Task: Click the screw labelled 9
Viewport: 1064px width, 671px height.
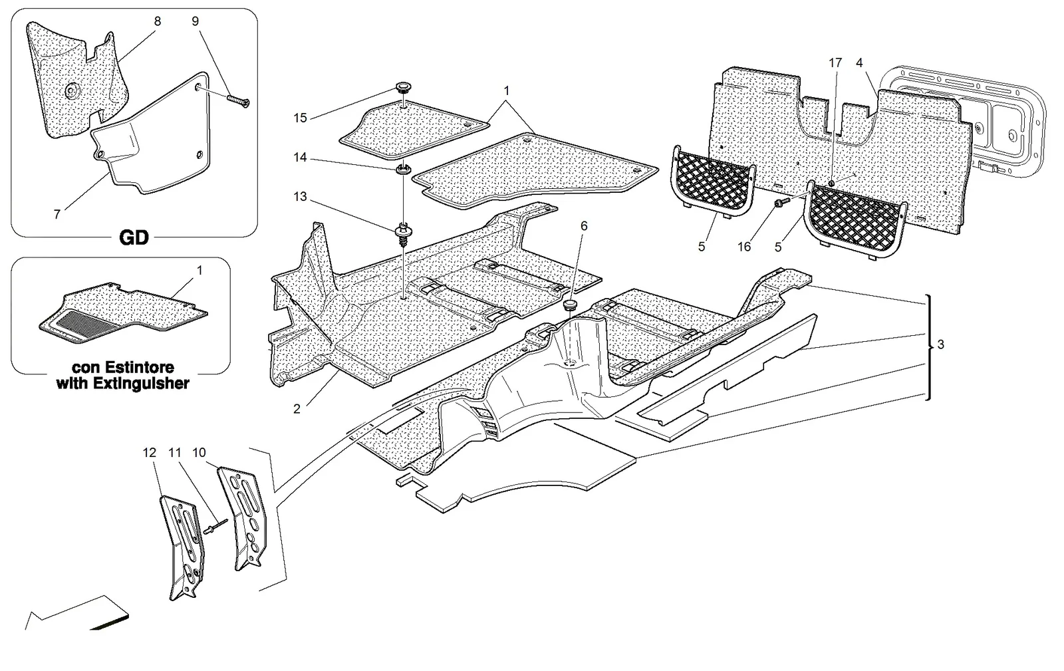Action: click(239, 101)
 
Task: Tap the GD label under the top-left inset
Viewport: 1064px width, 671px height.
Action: click(134, 237)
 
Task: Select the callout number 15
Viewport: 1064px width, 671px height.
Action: click(300, 118)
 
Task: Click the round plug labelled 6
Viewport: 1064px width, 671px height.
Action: click(569, 305)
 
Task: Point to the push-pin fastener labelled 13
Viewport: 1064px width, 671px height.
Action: click(403, 234)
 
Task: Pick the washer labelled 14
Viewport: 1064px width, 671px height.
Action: click(403, 169)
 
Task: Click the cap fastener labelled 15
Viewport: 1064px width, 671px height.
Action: click(403, 88)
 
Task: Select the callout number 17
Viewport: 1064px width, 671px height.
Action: click(835, 63)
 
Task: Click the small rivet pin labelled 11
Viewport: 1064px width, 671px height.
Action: click(216, 525)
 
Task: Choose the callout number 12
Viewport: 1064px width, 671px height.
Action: click(149, 453)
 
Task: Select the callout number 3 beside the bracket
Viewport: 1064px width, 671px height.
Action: click(940, 344)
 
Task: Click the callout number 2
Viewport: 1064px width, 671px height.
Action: click(297, 409)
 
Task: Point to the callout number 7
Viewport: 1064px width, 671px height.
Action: click(57, 215)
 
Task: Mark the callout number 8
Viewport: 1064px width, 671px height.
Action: click(157, 21)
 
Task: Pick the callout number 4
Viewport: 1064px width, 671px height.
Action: click(859, 63)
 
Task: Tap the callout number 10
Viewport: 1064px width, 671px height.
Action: click(199, 453)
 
